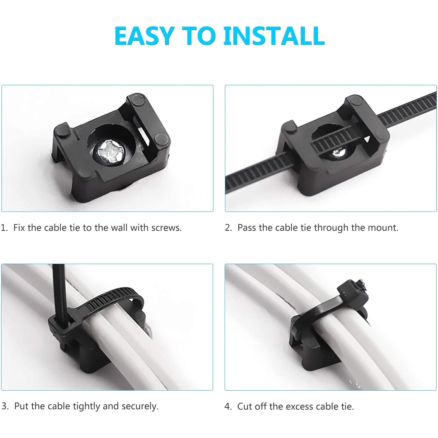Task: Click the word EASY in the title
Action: (145, 36)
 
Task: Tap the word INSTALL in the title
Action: (274, 36)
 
